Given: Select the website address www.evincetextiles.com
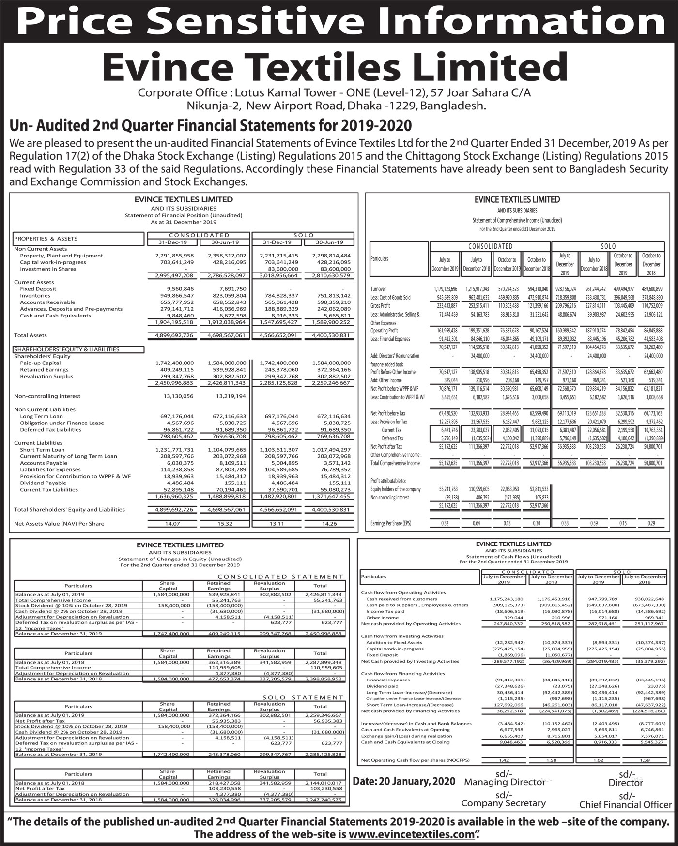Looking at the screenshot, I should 411,835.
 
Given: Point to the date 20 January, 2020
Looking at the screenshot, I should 404,781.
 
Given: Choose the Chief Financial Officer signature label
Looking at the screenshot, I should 625,804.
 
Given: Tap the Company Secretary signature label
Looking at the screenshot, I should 503,803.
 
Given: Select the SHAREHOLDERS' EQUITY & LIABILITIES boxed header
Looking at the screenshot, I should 66,349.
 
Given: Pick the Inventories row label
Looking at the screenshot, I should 35,296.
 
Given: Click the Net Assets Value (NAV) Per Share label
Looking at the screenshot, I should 59,523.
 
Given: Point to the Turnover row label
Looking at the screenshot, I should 378,289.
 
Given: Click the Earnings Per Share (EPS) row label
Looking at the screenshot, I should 390,523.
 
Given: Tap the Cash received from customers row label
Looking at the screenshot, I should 395,599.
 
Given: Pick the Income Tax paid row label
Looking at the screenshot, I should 385,611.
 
